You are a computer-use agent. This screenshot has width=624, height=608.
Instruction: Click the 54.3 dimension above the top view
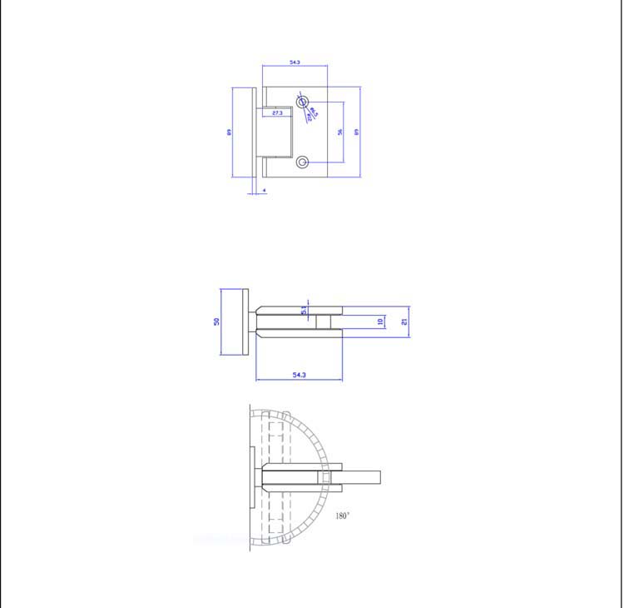[x=295, y=62]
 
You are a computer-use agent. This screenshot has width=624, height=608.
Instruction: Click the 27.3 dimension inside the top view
[x=277, y=112]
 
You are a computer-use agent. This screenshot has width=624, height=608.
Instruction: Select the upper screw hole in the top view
[x=302, y=102]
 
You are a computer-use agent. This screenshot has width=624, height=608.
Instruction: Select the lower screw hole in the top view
[x=302, y=162]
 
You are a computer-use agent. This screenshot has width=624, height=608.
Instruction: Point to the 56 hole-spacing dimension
[x=339, y=132]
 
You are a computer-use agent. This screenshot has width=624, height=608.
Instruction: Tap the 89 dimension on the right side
[x=356, y=132]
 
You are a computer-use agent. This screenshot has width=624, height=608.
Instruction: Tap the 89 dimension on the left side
[x=229, y=132]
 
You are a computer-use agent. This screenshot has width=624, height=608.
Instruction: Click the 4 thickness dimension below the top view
[x=264, y=191]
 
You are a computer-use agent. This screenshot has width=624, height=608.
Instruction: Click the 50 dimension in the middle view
[x=216, y=321]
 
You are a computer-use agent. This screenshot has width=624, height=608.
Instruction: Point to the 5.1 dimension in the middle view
[x=305, y=310]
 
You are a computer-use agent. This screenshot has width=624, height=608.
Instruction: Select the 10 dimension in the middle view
[x=380, y=321]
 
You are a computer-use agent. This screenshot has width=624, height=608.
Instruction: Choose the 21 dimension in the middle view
[x=404, y=321]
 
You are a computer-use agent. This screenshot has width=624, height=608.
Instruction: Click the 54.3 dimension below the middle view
[x=300, y=375]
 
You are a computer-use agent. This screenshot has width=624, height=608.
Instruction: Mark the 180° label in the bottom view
[x=343, y=516]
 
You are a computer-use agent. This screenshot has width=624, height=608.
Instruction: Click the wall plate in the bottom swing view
[x=252, y=478]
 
